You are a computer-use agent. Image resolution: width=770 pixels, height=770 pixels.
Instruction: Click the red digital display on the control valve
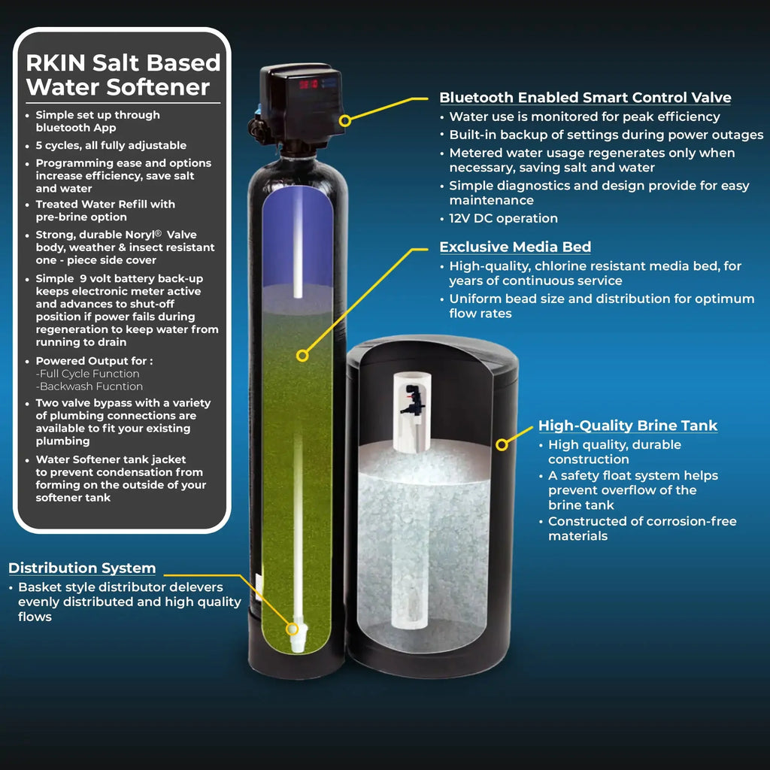click(x=309, y=84)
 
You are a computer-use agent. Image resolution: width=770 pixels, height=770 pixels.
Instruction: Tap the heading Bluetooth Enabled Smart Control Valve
click(x=585, y=97)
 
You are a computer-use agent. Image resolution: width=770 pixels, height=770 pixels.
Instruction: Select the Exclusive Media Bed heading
click(x=515, y=247)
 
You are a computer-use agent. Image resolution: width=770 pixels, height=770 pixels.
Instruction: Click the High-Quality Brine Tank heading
click(x=628, y=426)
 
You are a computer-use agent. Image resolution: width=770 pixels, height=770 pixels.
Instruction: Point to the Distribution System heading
click(x=82, y=568)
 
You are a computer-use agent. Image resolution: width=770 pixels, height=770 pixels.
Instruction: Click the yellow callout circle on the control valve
click(x=345, y=120)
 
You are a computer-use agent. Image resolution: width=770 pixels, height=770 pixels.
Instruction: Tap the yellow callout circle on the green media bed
click(x=302, y=356)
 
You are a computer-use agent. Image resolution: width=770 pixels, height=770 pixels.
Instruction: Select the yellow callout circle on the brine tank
click(x=502, y=445)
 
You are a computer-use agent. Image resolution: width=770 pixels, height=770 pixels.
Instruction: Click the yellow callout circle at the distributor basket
click(x=293, y=629)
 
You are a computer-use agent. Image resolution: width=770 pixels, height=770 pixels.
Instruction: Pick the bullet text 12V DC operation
click(x=503, y=219)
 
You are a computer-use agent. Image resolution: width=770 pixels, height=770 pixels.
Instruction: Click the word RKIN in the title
click(x=56, y=63)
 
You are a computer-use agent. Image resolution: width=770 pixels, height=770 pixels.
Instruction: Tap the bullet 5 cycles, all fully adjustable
click(x=111, y=145)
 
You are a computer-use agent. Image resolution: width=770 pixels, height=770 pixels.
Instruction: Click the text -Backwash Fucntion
click(x=89, y=387)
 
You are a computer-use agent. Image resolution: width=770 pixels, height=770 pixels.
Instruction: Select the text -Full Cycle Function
click(x=87, y=374)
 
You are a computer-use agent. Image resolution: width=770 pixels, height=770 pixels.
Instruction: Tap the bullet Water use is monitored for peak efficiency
click(x=584, y=117)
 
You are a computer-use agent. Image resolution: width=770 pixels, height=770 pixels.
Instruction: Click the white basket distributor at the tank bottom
click(x=298, y=636)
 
